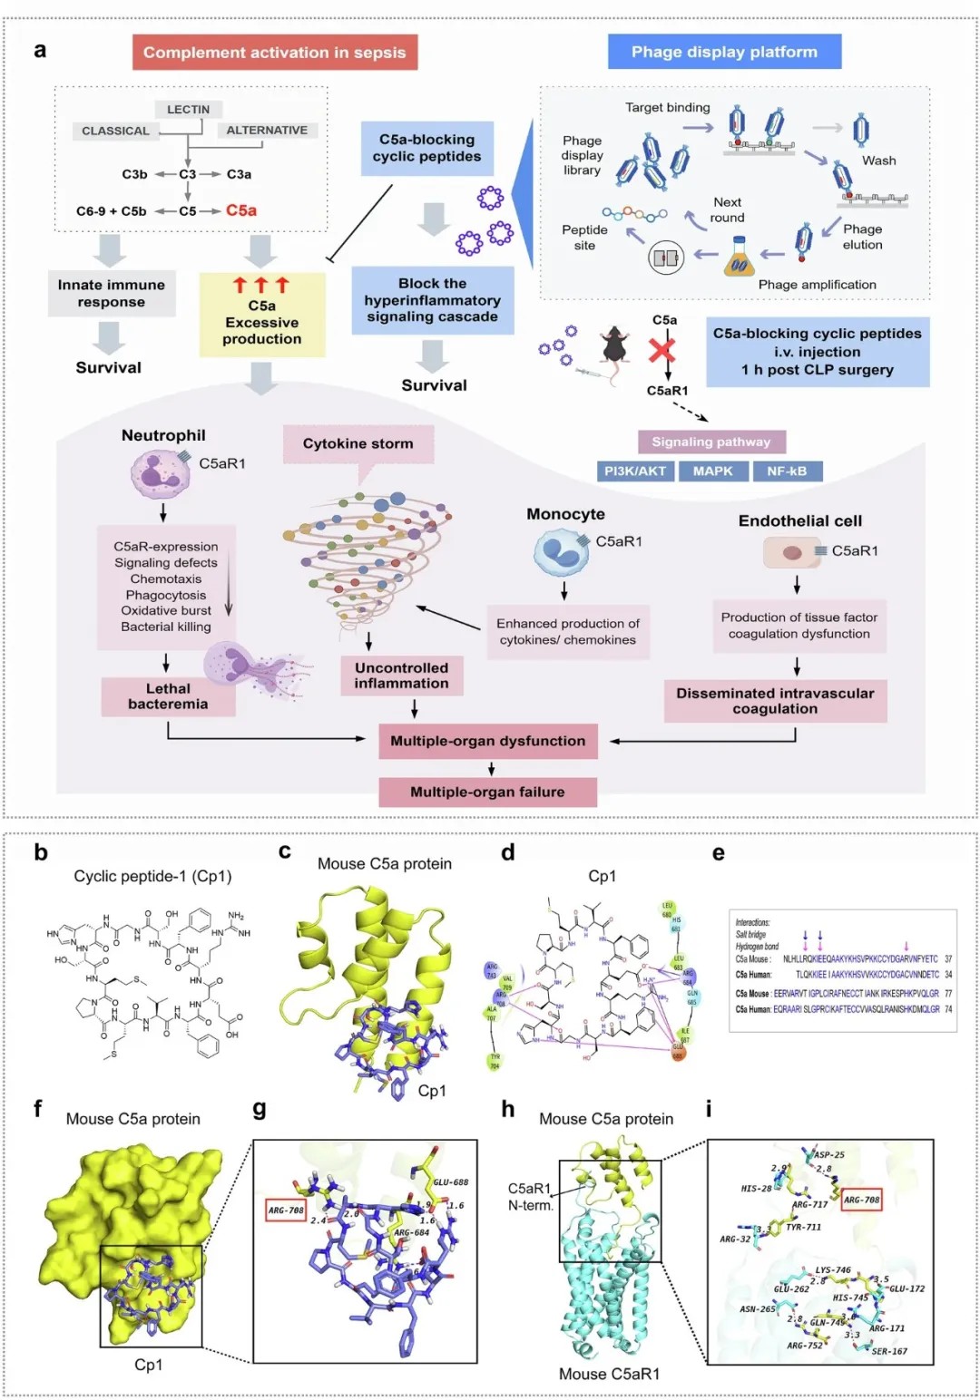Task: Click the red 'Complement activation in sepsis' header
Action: click(274, 53)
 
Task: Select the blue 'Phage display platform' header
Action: click(724, 52)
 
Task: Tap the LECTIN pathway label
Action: click(188, 110)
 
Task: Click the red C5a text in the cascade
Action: click(241, 210)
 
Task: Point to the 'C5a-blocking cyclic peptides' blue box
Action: click(426, 148)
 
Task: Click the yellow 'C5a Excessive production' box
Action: click(261, 314)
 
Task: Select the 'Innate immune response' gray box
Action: click(112, 293)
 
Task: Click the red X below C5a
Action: click(662, 349)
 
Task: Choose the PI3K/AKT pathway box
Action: click(635, 471)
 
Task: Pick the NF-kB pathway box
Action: click(787, 471)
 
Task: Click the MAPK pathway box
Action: click(712, 471)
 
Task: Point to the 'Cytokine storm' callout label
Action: click(358, 443)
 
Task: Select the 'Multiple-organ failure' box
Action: click(487, 792)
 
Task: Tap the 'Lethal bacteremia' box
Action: click(168, 696)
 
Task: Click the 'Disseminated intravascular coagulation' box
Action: click(775, 701)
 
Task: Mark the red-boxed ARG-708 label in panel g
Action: click(286, 1210)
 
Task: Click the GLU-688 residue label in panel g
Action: click(451, 1182)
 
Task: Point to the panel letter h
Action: click(508, 1109)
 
